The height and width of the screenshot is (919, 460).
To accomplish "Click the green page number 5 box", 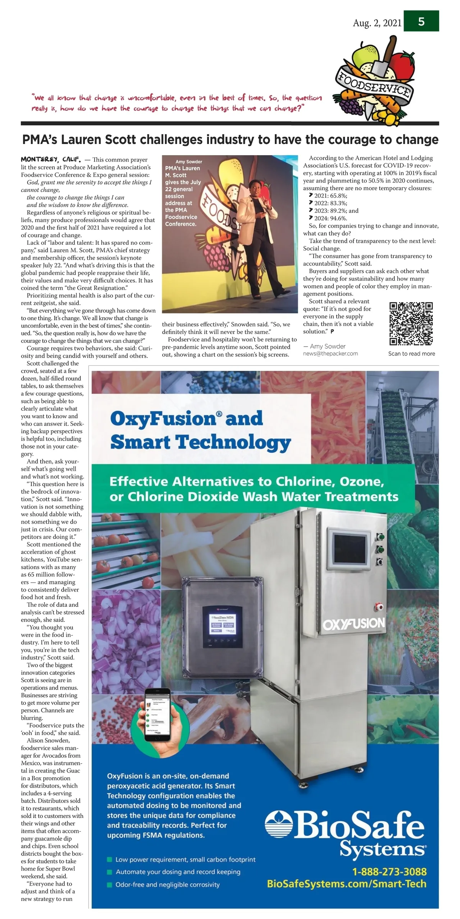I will tap(421, 21).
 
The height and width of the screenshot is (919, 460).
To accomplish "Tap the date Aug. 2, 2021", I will tap(377, 23).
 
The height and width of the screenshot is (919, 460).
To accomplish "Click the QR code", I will tap(411, 324).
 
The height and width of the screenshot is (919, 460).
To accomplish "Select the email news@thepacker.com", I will tap(330, 354).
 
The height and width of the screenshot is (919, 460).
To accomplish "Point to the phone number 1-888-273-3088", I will tap(389, 872).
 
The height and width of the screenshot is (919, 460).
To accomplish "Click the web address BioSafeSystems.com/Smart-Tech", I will tap(347, 884).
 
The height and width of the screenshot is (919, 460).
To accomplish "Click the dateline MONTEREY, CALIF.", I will tap(51, 159).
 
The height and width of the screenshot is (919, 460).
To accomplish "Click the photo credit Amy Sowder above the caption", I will tap(189, 162).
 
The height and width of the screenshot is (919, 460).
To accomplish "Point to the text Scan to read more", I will tap(411, 354).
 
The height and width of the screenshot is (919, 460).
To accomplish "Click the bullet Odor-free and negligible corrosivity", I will tap(168, 885).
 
